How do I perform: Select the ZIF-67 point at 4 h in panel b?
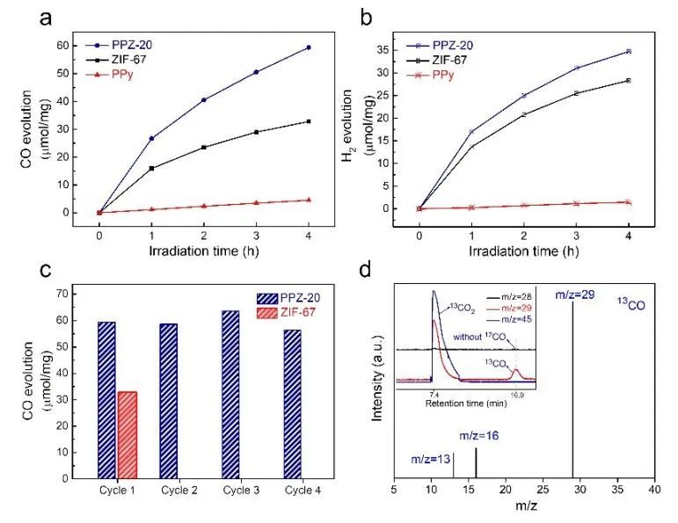tap(628, 80)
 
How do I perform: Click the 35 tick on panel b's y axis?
tap(393, 52)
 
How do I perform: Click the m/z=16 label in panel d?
tap(477, 436)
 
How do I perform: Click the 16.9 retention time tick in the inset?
tap(515, 396)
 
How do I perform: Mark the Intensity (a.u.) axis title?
tap(381, 378)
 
